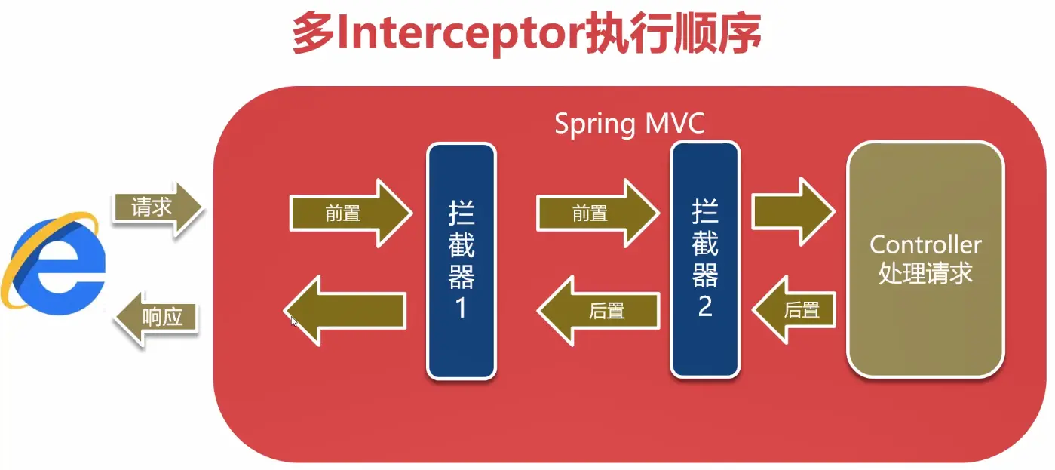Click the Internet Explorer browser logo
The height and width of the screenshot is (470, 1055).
pos(53,262)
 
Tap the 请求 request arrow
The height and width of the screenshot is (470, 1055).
pos(157,208)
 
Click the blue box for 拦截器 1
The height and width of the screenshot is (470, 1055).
pos(462,260)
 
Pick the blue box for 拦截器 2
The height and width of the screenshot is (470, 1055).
pos(704,260)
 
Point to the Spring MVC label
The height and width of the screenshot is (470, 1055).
pos(630,123)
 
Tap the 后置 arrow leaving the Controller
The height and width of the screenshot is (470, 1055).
pos(796,309)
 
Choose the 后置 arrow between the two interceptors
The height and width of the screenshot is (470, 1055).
pos(599,310)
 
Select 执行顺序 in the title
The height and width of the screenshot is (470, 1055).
pos(671,34)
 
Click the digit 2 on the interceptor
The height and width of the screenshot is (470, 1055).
pos(705,306)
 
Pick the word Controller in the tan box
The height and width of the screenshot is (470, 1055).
pos(925,244)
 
